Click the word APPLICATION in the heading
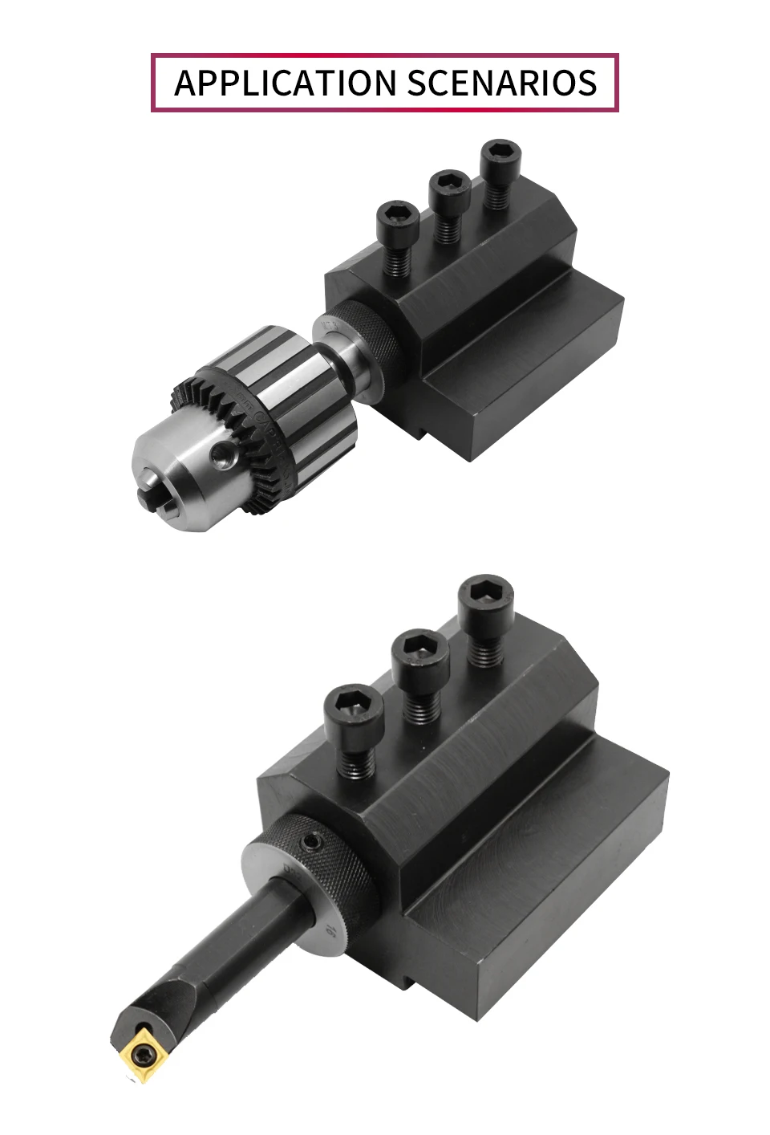pyautogui.click(x=285, y=83)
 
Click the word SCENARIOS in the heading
pyautogui.click(x=501, y=83)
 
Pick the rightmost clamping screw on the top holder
pyautogui.click(x=501, y=174)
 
